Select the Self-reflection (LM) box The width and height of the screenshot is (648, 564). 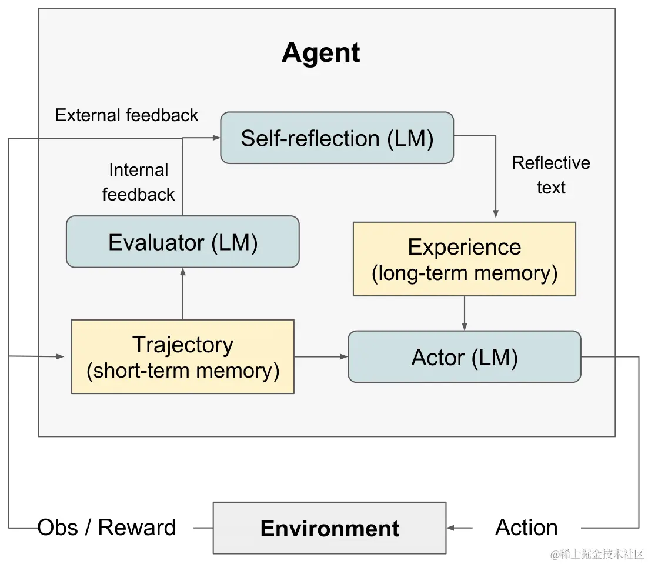pos(337,138)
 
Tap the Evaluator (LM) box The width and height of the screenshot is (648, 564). pos(183,242)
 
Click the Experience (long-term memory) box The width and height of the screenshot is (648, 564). pos(465,259)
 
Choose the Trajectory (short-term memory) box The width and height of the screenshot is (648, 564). pos(183,356)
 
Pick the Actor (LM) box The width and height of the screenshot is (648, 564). pos(465,356)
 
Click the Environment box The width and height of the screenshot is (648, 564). pos(330,528)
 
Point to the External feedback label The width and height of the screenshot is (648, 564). pos(127,115)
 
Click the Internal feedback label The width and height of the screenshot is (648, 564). pos(138,182)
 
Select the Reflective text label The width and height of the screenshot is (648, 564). pos(551,175)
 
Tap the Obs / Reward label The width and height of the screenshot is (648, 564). pos(106,528)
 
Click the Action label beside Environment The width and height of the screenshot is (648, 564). pos(526,528)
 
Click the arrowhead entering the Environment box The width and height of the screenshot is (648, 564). pos(450,528)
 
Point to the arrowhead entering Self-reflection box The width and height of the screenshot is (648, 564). pos(216,138)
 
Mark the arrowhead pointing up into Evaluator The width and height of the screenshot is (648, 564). pos(183,272)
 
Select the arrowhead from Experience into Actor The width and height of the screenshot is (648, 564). pos(465,326)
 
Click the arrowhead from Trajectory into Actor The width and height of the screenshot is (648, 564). pos(344,356)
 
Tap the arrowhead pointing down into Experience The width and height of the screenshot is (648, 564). pos(496,214)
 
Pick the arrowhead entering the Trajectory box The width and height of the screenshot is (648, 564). pos(60,356)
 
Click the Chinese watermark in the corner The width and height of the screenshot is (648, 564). pos(597,554)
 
